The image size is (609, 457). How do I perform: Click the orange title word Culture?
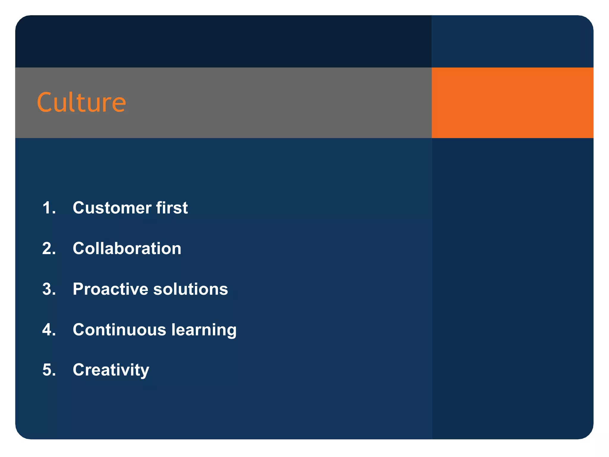click(x=81, y=102)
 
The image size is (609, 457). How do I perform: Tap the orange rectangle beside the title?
click(x=512, y=103)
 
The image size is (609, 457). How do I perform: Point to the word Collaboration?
click(x=127, y=248)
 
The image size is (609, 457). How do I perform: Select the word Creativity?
click(x=111, y=370)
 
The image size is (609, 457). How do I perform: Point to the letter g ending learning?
click(x=231, y=332)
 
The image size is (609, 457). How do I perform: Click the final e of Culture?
click(x=119, y=104)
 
